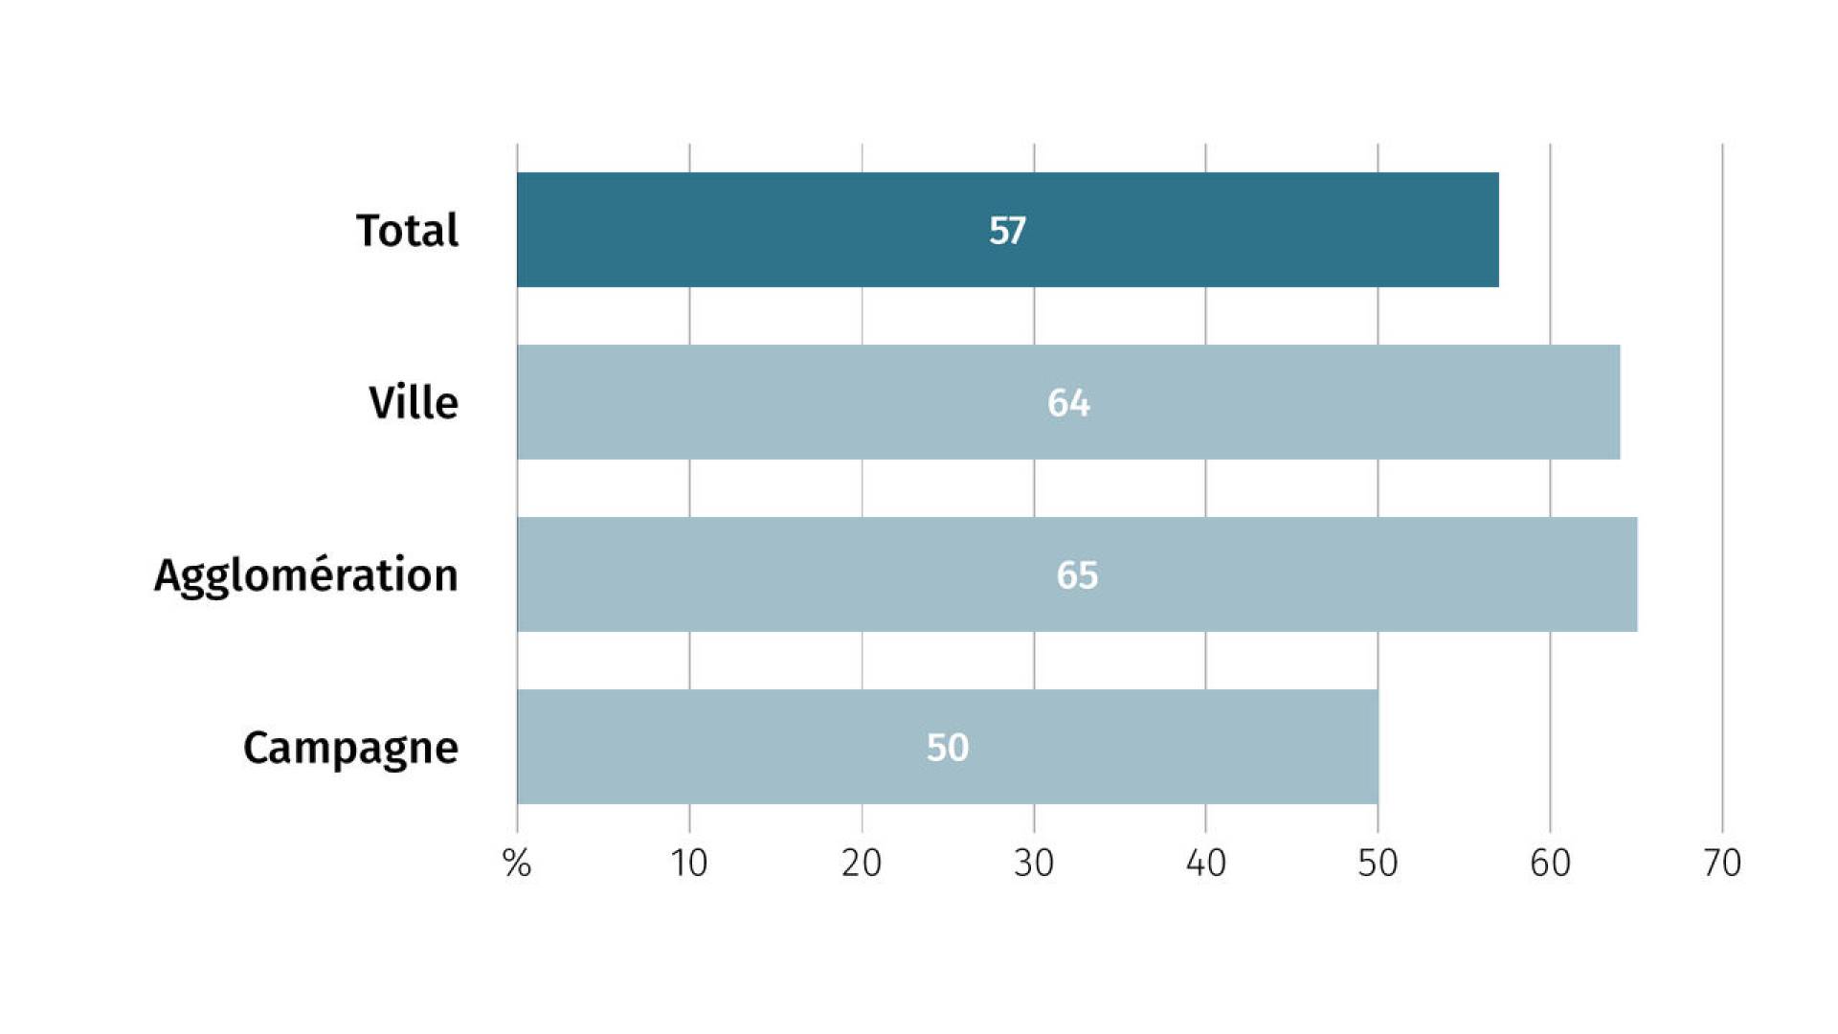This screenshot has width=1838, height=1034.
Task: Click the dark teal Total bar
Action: (x=1008, y=230)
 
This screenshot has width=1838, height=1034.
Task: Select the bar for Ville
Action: (x=1068, y=402)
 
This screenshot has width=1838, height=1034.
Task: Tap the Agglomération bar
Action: (x=1077, y=574)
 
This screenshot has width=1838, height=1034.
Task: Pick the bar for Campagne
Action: (x=948, y=747)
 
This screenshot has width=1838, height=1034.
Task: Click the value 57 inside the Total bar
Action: (x=1007, y=231)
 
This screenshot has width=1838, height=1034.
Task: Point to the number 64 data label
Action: (x=1068, y=403)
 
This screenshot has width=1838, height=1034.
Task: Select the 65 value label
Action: (x=1077, y=575)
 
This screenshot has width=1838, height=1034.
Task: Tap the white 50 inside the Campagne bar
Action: (x=948, y=748)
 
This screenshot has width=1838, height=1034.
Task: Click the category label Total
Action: (x=407, y=231)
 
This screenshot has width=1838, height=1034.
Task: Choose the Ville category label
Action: (x=414, y=402)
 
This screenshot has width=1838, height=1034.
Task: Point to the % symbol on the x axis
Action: (x=517, y=864)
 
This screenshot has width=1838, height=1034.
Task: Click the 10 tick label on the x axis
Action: (x=689, y=864)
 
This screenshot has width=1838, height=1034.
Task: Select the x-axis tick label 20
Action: (x=862, y=864)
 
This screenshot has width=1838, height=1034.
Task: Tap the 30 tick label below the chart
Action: (x=1034, y=864)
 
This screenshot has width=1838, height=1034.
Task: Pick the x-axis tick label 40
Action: (x=1206, y=864)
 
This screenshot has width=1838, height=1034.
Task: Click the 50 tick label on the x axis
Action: (x=1378, y=864)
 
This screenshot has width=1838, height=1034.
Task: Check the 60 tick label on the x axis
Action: (x=1551, y=864)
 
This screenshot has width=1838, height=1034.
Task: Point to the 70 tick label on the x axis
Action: (x=1722, y=864)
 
